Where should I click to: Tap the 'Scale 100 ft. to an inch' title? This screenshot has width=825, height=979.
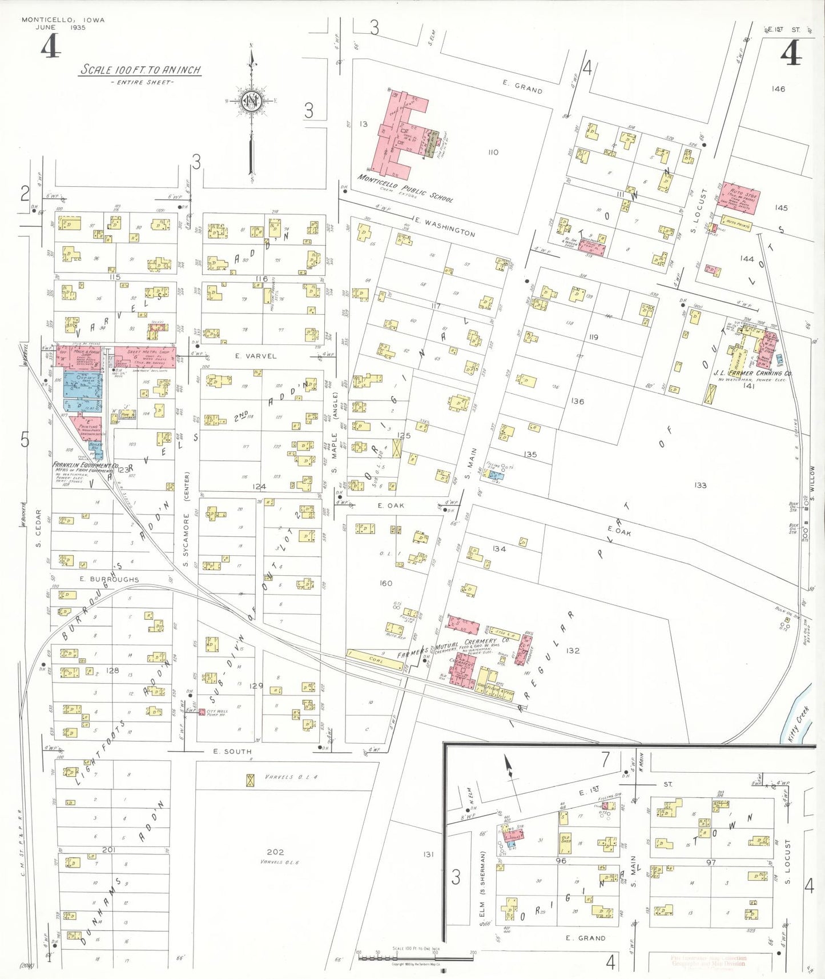(x=140, y=70)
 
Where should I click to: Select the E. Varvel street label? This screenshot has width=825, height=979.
(x=255, y=356)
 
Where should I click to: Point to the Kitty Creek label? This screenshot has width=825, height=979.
(x=798, y=724)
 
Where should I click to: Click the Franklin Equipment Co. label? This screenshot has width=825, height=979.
(x=86, y=466)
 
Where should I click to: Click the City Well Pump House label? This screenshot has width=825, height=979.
(x=218, y=713)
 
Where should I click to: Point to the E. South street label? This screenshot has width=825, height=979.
(x=232, y=751)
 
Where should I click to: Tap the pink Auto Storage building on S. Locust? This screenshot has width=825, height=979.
(x=741, y=198)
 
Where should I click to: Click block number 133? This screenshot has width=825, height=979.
(x=701, y=485)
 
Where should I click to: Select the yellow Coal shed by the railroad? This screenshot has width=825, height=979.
(x=375, y=659)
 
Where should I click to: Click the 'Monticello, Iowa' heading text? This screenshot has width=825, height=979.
(x=63, y=20)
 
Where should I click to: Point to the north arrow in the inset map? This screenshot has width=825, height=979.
(x=508, y=767)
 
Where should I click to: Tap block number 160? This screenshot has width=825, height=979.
(x=385, y=583)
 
